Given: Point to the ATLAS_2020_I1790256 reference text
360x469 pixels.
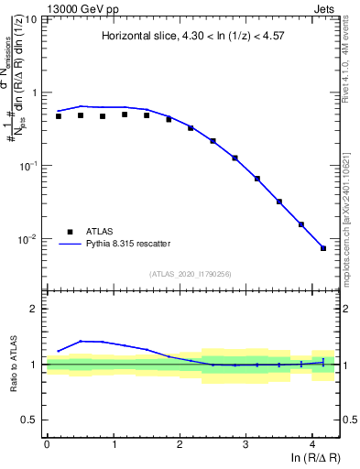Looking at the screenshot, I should coord(193,274).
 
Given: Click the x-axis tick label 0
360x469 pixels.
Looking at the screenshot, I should coord(47,443).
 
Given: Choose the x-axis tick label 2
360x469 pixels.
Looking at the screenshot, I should coord(180,443).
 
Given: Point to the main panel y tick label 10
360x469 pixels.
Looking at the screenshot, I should coord(30,19).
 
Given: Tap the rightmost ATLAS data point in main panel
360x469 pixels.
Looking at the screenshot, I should coord(323,248).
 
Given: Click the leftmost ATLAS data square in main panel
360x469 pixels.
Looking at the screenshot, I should coord(59,116).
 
